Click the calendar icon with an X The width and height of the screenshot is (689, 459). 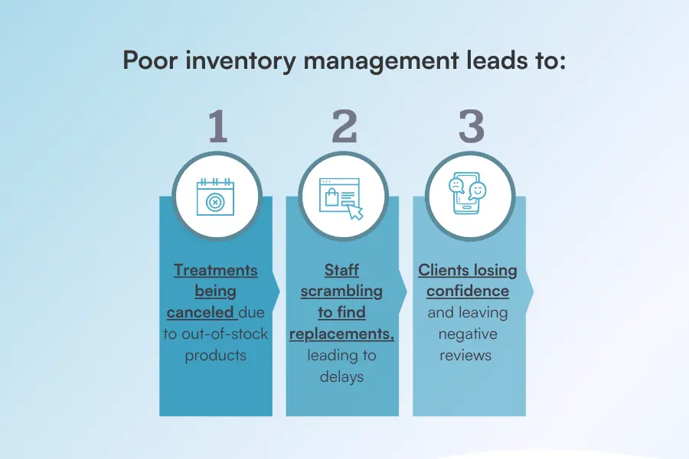click(x=215, y=197)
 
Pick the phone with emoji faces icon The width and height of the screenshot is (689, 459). click(x=468, y=197)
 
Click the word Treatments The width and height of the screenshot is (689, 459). click(x=216, y=270)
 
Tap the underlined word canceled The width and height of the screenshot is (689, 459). click(x=202, y=312)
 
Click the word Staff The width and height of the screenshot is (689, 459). click(x=341, y=270)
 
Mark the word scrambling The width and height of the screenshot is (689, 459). click(x=341, y=291)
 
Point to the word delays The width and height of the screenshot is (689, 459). click(x=341, y=376)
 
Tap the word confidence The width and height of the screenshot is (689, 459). click(x=468, y=291)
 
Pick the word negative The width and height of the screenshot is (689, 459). click(x=468, y=334)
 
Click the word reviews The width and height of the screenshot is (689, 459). click(x=468, y=355)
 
